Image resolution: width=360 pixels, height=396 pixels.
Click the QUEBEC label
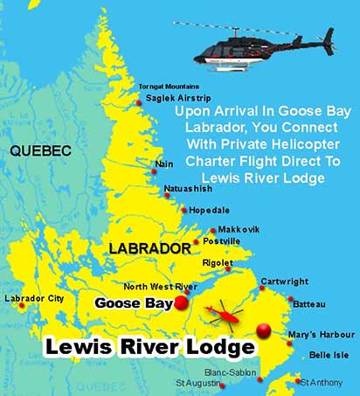(x=39, y=151)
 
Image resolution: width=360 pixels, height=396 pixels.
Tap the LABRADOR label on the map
(x=149, y=249)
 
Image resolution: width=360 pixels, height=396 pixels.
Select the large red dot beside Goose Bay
(x=181, y=302)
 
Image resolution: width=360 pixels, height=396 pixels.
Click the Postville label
(x=221, y=240)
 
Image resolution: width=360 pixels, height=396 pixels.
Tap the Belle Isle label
(x=329, y=356)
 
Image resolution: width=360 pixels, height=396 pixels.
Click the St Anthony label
(x=329, y=381)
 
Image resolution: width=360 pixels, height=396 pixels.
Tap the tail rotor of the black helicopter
(x=330, y=37)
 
